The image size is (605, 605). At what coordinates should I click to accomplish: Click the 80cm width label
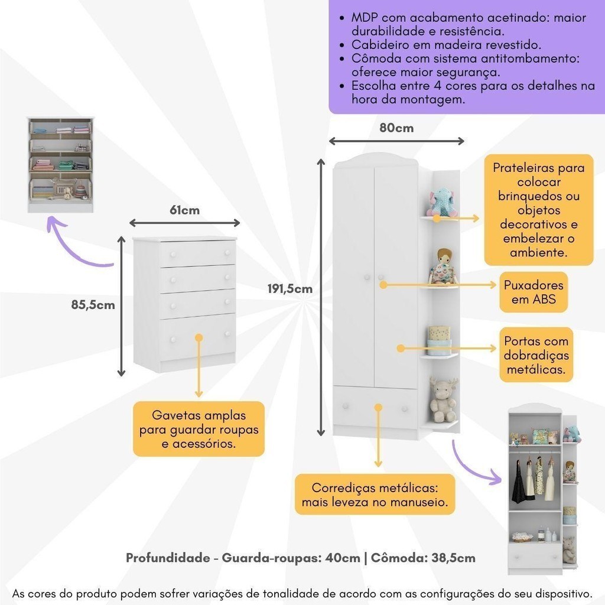[x=396, y=128]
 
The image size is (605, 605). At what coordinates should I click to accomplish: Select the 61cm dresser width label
[x=184, y=210]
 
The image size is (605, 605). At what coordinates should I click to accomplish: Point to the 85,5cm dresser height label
[x=93, y=305]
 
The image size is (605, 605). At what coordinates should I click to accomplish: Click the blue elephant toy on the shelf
[x=442, y=203]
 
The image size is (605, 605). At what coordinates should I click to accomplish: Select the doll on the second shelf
[x=443, y=267]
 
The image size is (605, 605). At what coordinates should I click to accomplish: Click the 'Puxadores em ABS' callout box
[x=534, y=292]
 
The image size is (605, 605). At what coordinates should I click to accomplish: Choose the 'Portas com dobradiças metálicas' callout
[x=536, y=355]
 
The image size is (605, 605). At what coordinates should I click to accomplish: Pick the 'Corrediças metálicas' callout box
[x=375, y=495]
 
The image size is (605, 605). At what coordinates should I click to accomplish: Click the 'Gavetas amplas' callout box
[x=199, y=430]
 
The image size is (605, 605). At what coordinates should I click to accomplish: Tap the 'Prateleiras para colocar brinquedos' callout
[x=538, y=210]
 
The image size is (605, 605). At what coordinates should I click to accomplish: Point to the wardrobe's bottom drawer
[x=375, y=408]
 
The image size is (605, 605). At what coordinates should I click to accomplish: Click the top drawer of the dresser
[x=197, y=253]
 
